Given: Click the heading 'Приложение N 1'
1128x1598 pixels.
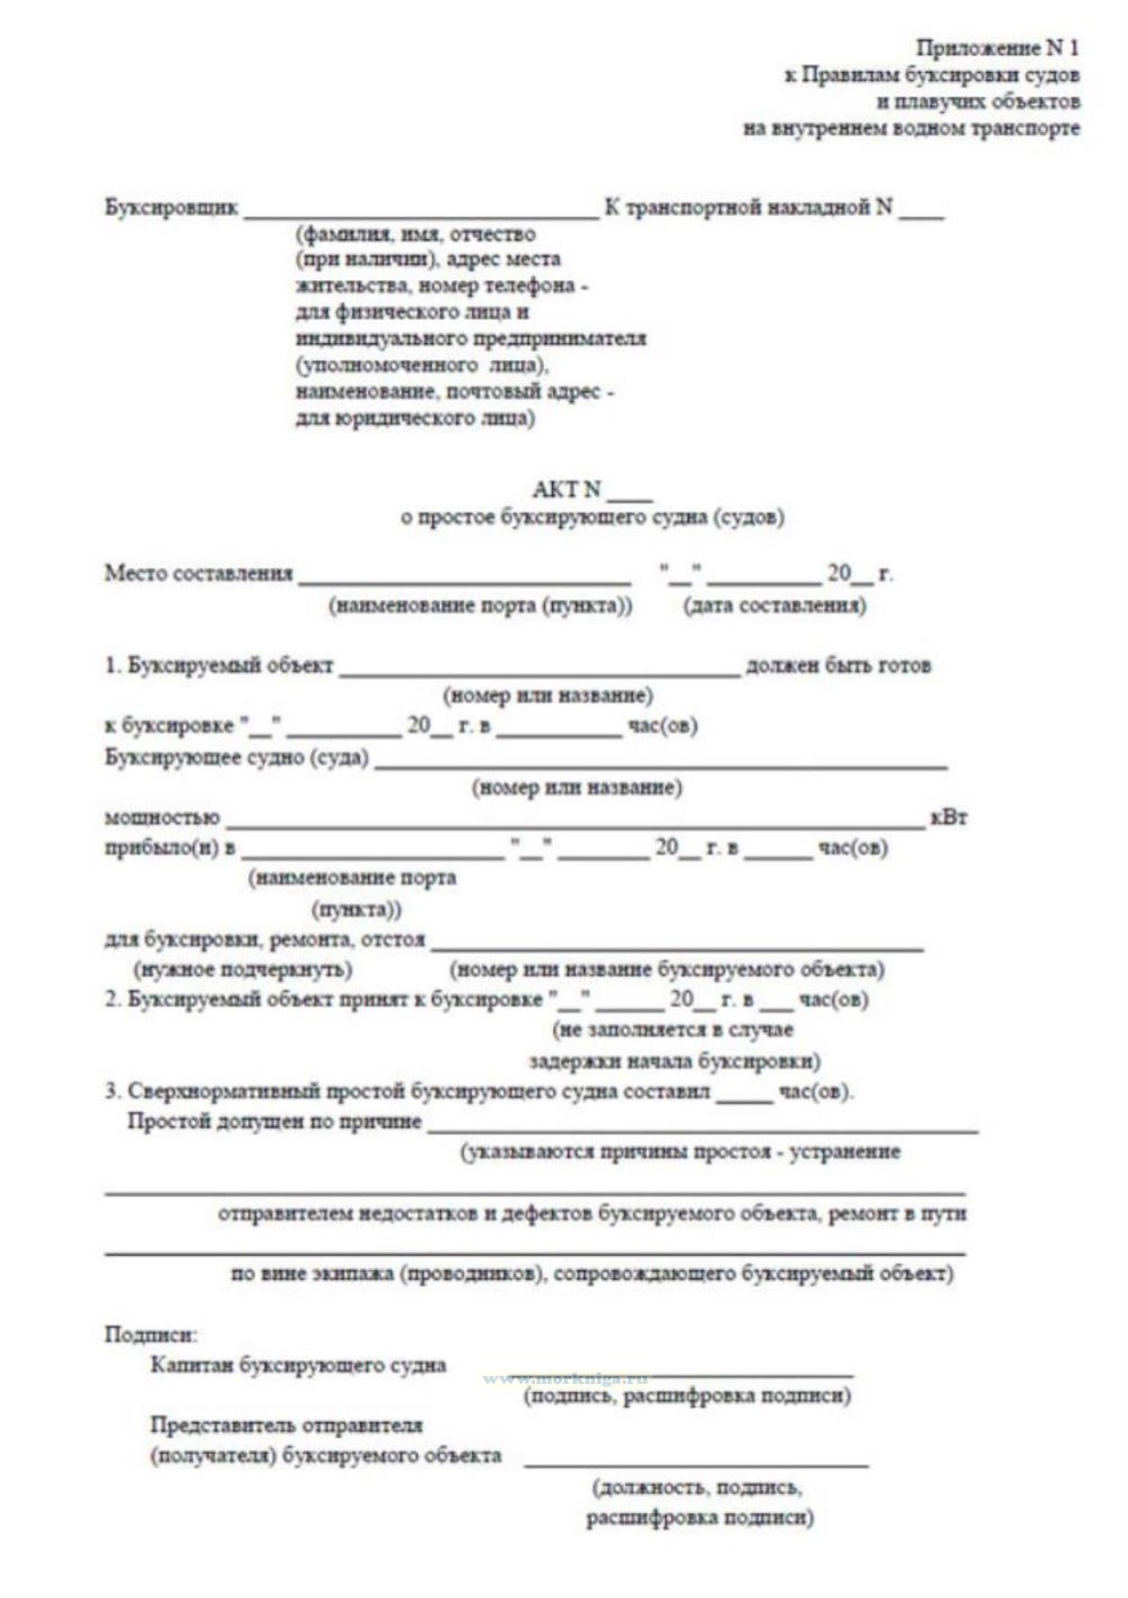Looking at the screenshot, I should (997, 48).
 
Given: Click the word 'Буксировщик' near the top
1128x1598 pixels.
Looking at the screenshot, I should (171, 208).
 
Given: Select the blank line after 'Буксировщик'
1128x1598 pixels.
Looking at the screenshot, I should (421, 215).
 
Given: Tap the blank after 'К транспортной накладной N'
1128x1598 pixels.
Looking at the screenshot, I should (920, 215).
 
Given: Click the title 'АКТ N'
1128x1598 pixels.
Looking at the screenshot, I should (567, 489).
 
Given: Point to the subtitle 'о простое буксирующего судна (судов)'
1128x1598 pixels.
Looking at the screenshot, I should (592, 517).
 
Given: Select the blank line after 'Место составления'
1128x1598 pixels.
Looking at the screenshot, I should (465, 580).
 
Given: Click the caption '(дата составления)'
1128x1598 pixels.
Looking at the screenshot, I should (775, 605).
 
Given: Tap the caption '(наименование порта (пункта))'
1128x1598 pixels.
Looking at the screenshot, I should (480, 605).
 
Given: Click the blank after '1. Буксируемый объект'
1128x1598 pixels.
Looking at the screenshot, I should (540, 673).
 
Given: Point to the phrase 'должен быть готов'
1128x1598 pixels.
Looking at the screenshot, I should (837, 666).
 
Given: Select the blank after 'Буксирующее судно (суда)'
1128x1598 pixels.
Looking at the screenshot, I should (661, 765).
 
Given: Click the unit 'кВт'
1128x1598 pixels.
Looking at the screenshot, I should (948, 818).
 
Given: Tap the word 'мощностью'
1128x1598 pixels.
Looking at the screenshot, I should (162, 818).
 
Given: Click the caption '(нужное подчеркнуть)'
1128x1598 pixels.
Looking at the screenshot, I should (243, 970).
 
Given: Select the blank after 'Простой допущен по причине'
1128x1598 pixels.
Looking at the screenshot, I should (702, 1129).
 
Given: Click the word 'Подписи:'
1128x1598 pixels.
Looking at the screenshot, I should (151, 1334).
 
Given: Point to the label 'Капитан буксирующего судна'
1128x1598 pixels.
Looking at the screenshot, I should (298, 1365).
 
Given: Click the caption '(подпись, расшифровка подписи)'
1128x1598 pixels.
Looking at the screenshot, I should (688, 1396).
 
